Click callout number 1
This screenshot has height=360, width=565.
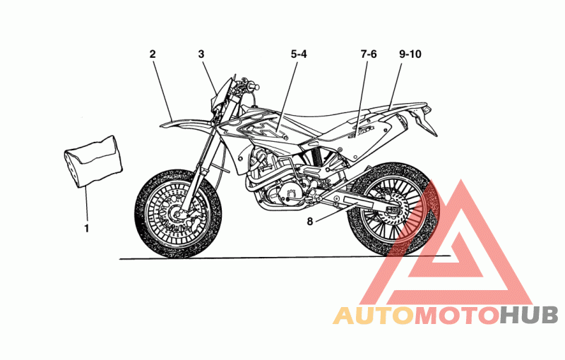coord(87,228)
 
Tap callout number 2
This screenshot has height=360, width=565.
coord(152,54)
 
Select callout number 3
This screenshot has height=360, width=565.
coord(201,54)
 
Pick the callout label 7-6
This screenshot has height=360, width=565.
coord(369,54)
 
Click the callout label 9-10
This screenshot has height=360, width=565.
coord(410,54)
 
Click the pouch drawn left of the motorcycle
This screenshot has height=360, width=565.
coord(91,159)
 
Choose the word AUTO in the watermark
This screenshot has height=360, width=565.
coord(372,315)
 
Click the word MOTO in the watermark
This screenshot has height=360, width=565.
coord(455,315)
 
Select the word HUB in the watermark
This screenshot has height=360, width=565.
coord(529,315)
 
